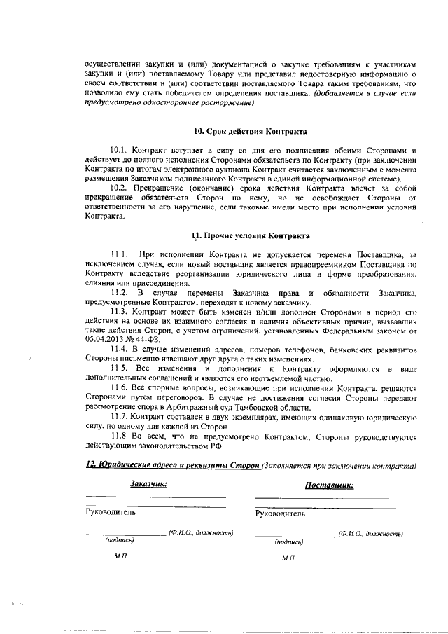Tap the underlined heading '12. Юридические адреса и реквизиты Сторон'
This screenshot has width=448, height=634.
pyautogui.click(x=173, y=465)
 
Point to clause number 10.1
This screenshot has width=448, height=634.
pyautogui.click(x=120, y=150)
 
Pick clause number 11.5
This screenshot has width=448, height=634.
pyautogui.click(x=120, y=368)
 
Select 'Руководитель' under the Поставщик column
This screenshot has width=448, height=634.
pyautogui.click(x=281, y=514)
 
